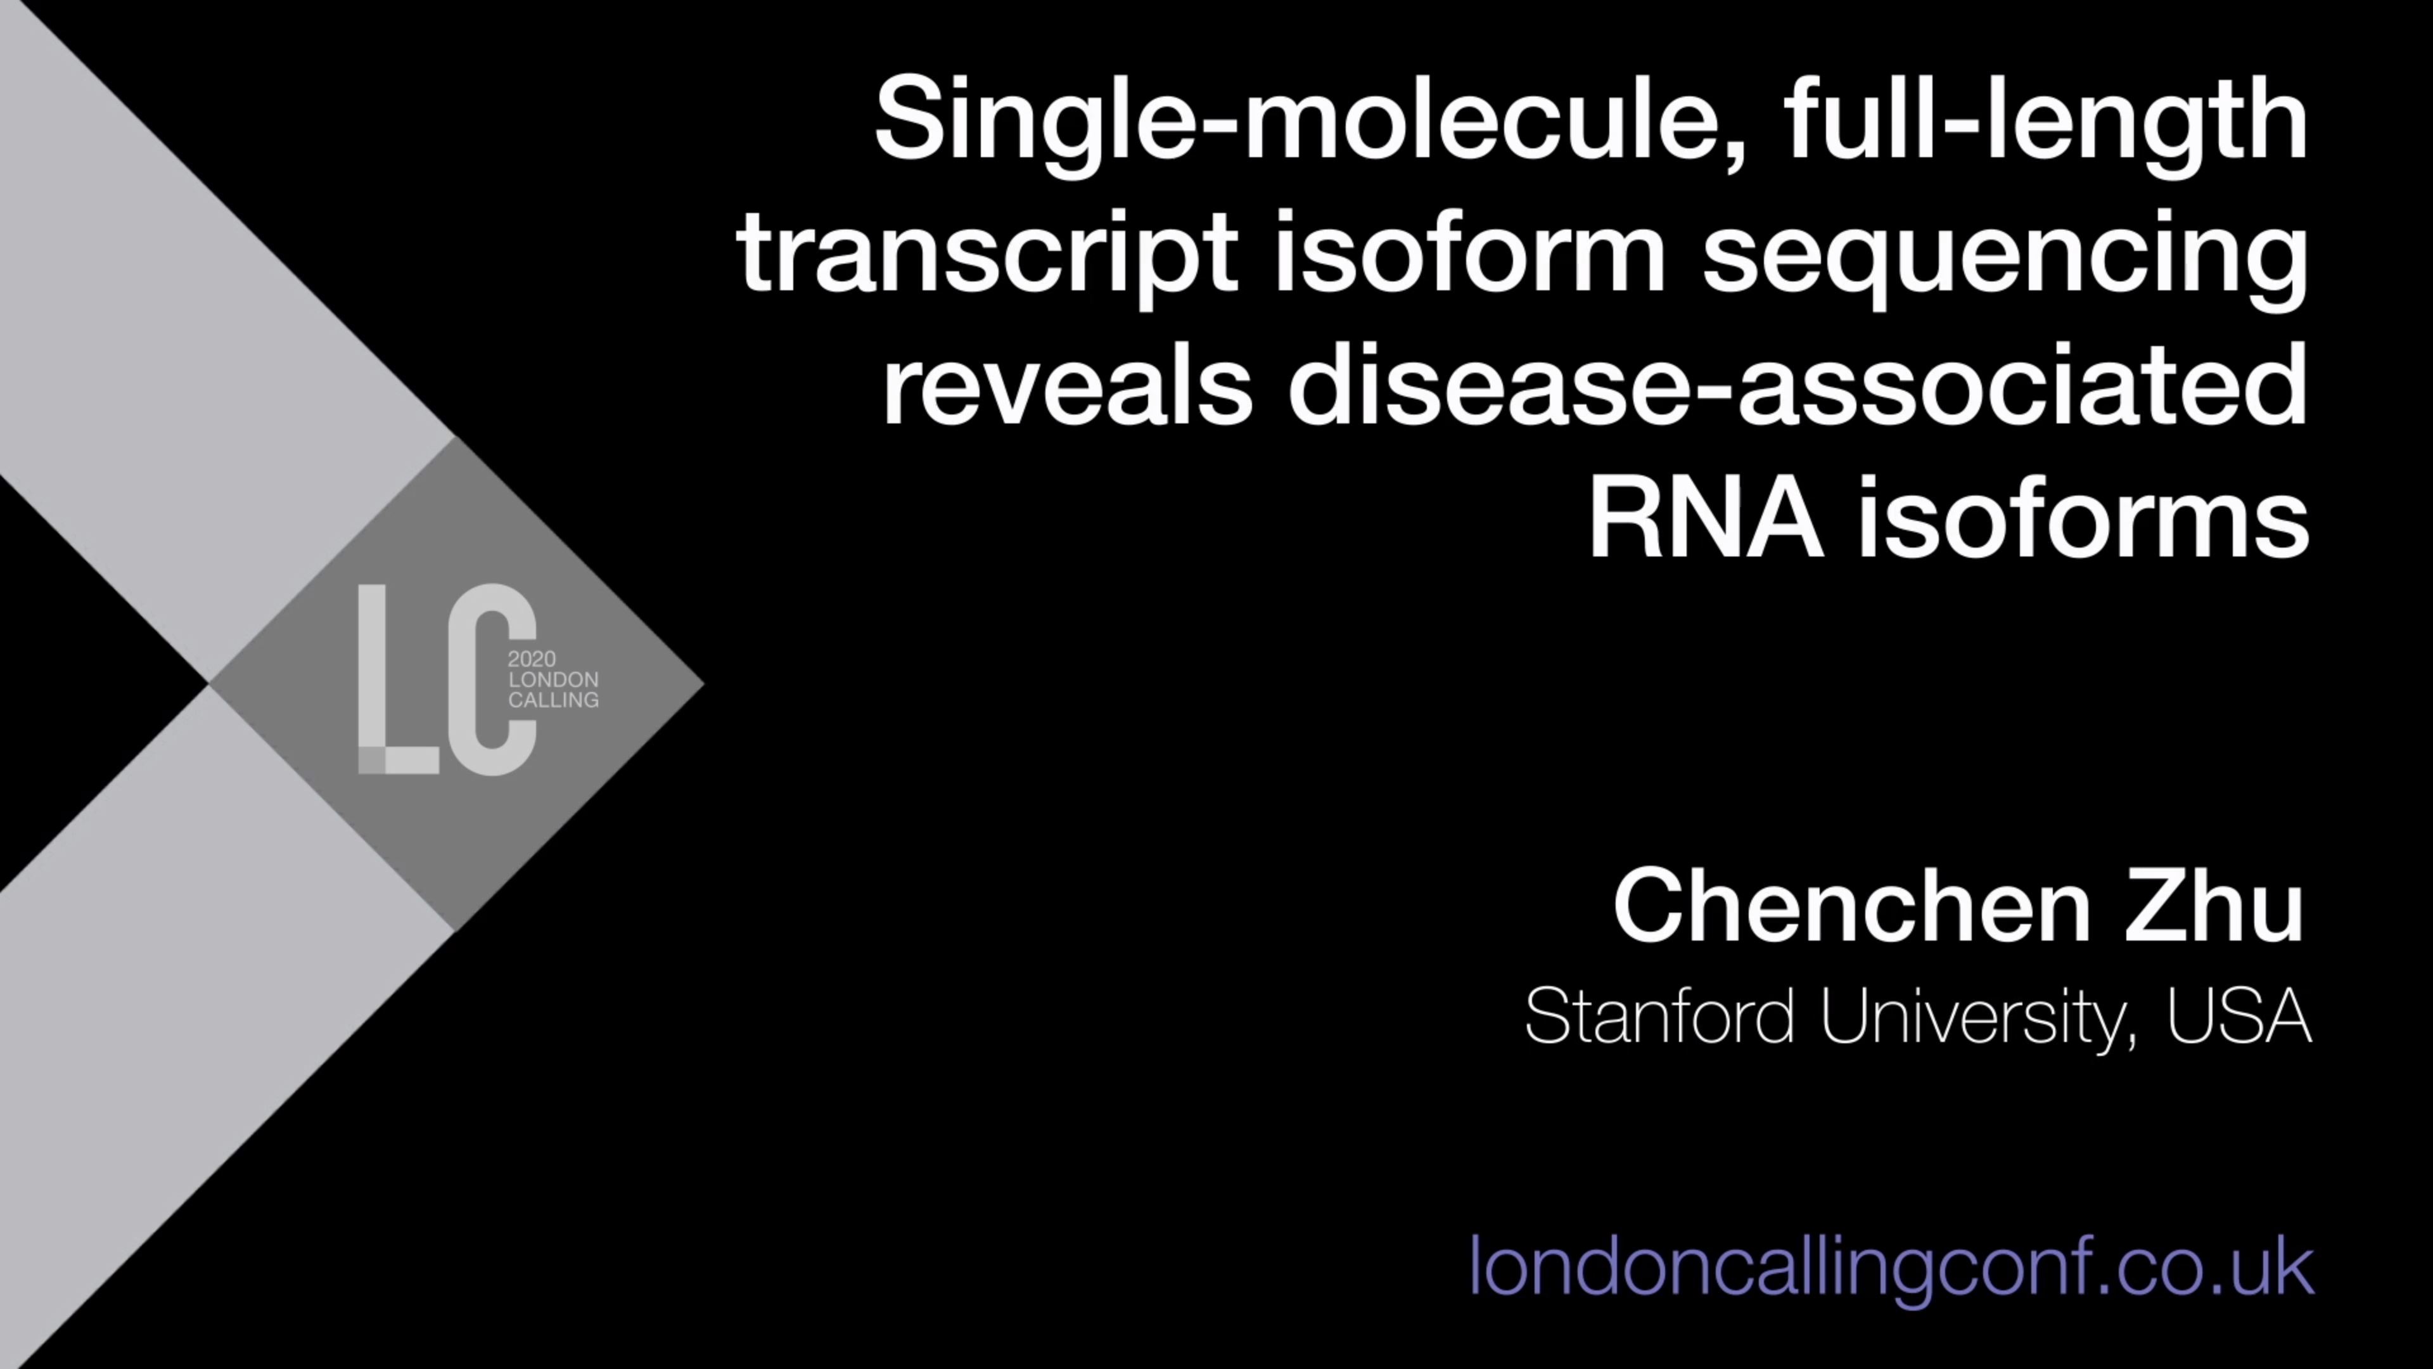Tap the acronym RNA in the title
(x=1705, y=520)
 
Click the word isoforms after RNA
(x=2083, y=520)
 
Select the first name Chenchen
(x=1852, y=907)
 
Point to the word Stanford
(x=1659, y=1017)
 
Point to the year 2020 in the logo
(x=532, y=659)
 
